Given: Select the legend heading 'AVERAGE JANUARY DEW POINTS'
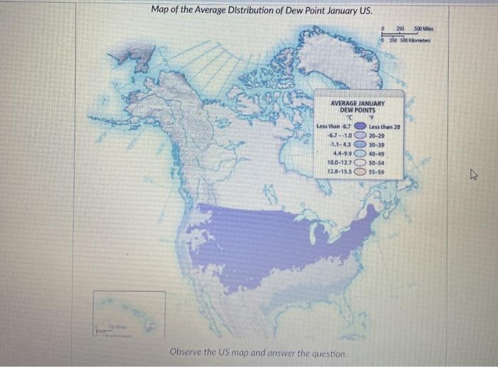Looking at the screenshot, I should [x=358, y=107].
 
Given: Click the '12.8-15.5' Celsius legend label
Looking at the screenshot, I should [x=338, y=171].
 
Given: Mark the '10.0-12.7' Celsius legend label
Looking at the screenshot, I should [x=338, y=162].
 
